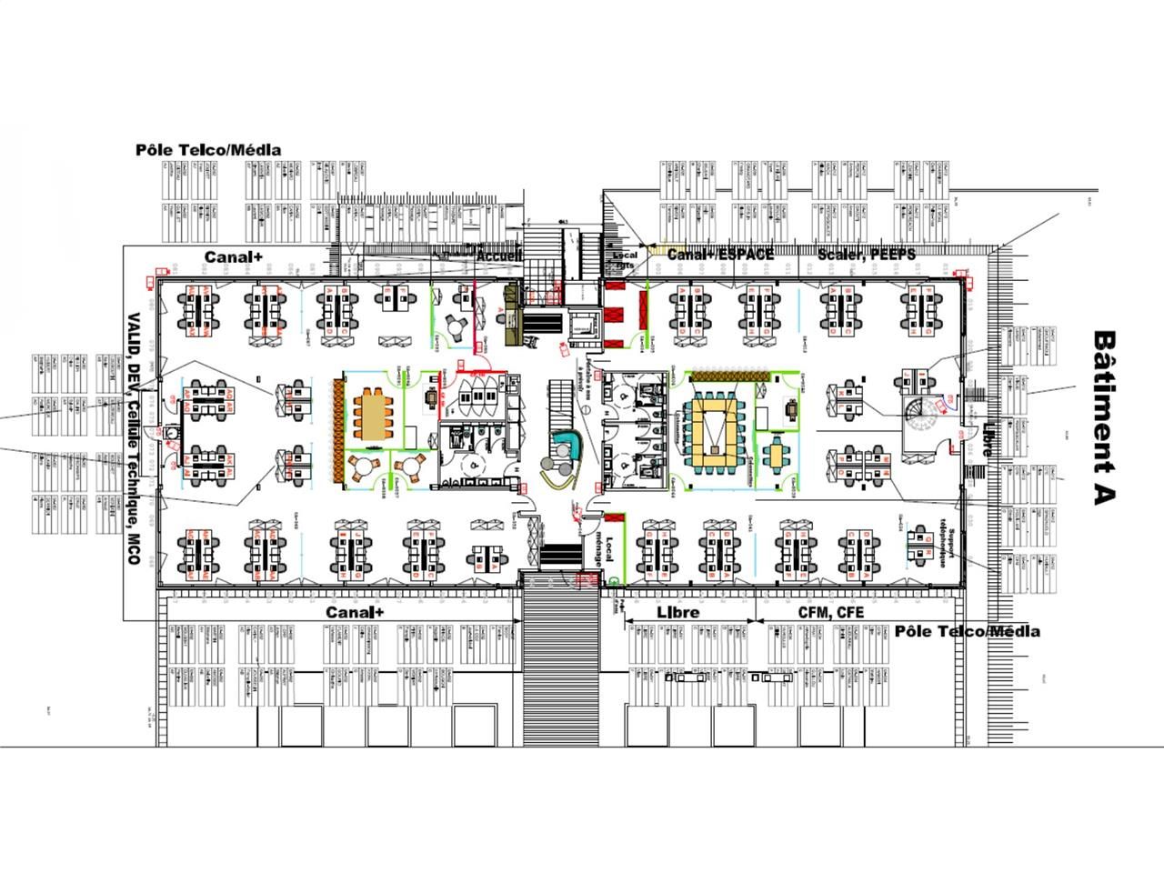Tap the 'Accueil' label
coord(499,256)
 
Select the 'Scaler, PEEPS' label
coord(866,254)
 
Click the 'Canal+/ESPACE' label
coord(720,254)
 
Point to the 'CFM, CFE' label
coord(830,612)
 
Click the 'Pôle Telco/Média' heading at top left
coord(208,149)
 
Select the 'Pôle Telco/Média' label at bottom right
coord(968,631)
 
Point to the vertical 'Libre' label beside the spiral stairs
coord(987,440)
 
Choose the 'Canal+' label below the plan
coord(355,612)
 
